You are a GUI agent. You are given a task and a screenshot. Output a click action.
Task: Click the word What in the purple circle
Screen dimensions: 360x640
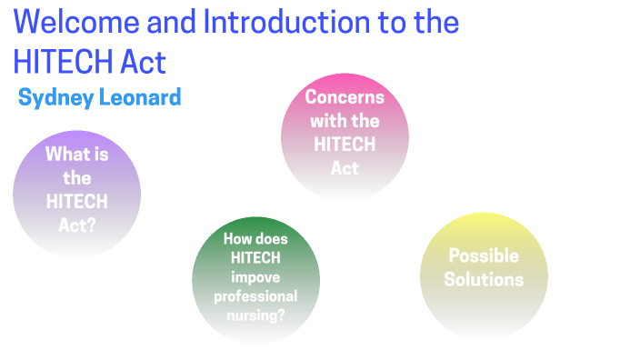76,155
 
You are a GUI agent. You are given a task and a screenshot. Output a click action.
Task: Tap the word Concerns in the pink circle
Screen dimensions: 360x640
345,97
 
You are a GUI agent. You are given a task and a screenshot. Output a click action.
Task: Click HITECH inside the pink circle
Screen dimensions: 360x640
345,145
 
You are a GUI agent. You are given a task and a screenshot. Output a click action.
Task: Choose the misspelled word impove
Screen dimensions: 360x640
255,277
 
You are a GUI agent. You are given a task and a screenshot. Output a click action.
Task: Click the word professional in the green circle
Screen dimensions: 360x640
255,296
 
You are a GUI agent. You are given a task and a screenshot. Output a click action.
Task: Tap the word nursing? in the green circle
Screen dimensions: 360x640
255,315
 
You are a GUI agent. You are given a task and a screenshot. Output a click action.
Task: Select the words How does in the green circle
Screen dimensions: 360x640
255,239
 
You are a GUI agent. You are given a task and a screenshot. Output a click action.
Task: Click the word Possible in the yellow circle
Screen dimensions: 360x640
484,255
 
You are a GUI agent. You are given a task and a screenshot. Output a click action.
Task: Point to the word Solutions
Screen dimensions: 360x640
484,279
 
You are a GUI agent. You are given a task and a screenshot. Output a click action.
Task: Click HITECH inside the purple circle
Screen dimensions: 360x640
76,201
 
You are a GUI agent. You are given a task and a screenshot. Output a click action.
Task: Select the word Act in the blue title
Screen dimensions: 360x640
142,61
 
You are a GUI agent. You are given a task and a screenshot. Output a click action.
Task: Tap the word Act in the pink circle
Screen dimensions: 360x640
345,168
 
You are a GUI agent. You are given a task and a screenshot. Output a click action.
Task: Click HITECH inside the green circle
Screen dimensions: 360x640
255,258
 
